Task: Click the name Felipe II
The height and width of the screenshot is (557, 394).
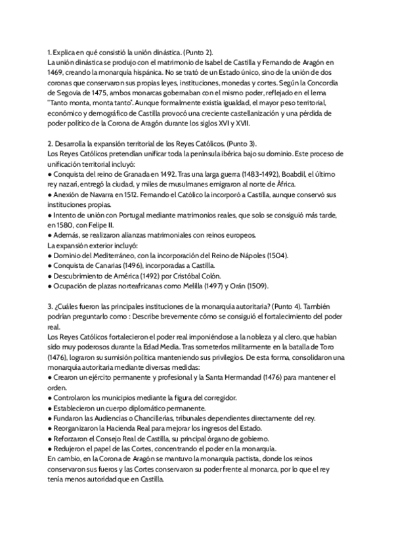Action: tap(101, 225)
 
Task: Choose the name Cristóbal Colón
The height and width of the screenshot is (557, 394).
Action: tap(195, 275)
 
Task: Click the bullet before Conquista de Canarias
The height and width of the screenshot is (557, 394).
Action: tap(50, 265)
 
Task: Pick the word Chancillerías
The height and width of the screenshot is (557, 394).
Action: tap(162, 418)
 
